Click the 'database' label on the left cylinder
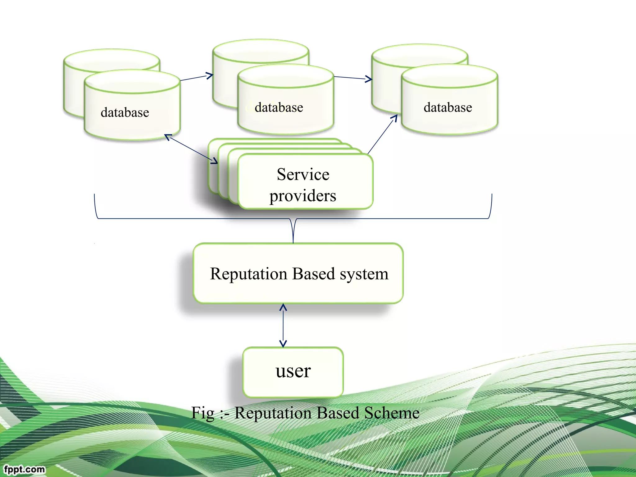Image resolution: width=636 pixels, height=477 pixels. point(125,112)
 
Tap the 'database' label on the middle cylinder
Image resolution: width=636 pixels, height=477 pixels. point(279,107)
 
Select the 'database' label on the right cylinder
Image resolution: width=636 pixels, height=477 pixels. point(447,107)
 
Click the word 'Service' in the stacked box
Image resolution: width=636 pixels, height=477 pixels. point(303,174)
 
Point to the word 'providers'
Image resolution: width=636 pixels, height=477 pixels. point(303,196)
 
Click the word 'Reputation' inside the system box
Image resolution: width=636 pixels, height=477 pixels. point(248,274)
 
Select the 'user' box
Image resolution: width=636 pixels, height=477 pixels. point(293,372)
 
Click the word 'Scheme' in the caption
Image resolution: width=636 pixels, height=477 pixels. point(392,413)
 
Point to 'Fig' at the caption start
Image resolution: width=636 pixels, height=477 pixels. point(202,413)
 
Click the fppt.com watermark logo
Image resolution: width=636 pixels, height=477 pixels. point(24,469)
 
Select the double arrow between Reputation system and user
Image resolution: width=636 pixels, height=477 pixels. point(283,325)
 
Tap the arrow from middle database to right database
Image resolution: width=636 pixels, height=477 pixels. point(353,78)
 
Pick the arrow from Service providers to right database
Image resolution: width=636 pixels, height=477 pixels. point(382,134)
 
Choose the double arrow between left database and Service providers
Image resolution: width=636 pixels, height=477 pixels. point(191,149)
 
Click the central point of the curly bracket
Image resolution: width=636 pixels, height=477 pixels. point(293,231)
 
